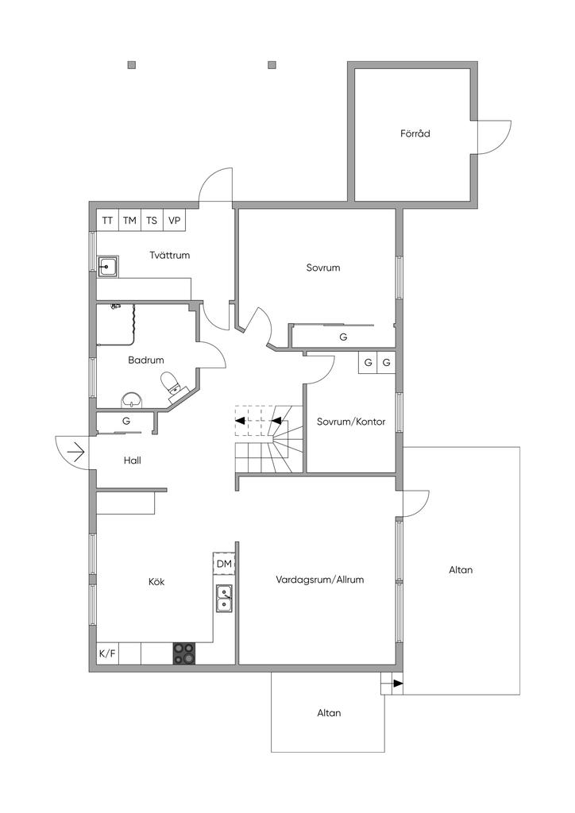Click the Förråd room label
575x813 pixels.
(x=415, y=133)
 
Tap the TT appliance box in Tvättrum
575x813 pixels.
(x=107, y=220)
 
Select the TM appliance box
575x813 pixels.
(x=129, y=220)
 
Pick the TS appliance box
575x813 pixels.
(x=152, y=220)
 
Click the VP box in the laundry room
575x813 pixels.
(x=174, y=220)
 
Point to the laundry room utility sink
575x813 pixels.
(x=108, y=267)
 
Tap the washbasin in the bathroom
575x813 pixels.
(x=132, y=400)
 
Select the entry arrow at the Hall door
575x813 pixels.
(x=75, y=452)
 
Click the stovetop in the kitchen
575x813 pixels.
(x=184, y=653)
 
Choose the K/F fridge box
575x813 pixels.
(x=107, y=653)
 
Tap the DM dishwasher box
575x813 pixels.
(x=224, y=564)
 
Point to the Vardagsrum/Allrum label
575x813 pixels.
(x=319, y=579)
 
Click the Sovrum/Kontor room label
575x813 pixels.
(x=351, y=422)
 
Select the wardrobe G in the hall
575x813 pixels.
(x=126, y=421)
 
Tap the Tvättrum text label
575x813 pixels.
(x=169, y=255)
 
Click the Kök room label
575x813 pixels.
(x=156, y=582)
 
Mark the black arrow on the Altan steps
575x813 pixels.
(x=397, y=684)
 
